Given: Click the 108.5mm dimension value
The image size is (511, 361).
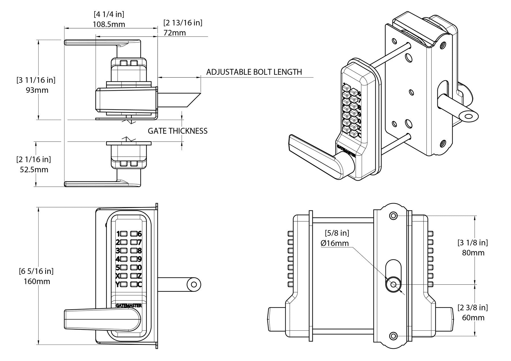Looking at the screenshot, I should [x=109, y=24].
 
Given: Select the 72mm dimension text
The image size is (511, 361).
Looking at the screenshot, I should [x=175, y=33].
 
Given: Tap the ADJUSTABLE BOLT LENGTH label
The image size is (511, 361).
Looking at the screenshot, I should [x=254, y=72].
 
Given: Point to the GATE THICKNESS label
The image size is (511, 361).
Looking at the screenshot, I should [x=177, y=131].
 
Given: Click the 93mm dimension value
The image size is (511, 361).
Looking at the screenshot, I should [x=37, y=90].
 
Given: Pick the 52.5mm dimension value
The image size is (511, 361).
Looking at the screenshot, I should [x=34, y=170].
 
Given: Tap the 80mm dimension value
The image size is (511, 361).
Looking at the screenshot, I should [x=473, y=253].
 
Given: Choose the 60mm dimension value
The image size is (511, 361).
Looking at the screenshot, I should [x=473, y=317].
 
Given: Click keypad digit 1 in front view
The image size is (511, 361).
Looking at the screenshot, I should [x=118, y=234].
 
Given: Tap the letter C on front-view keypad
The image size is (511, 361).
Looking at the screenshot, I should [x=139, y=284].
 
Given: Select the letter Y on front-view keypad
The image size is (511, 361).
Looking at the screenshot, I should [x=117, y=284].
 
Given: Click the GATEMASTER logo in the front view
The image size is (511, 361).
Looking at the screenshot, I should [x=129, y=306].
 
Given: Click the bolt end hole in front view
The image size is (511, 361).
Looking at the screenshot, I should [x=194, y=284].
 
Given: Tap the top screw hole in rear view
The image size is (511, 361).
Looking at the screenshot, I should [x=393, y=216].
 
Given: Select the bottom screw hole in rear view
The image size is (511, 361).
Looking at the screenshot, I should [x=393, y=336].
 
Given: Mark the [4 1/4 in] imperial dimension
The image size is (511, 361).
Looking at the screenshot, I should [x=109, y=14].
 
